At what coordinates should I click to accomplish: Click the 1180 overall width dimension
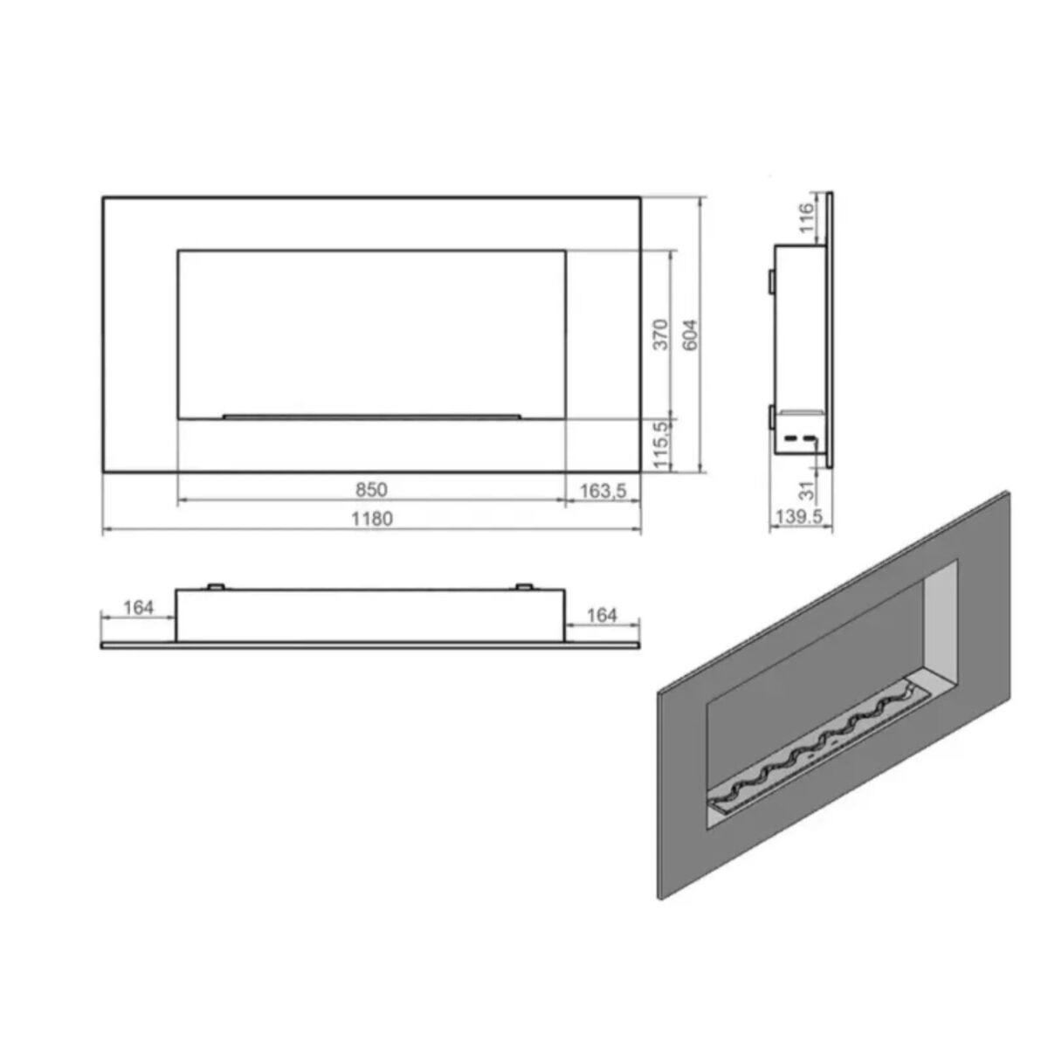pyautogui.click(x=372, y=519)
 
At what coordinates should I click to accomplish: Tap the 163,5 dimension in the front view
pyautogui.click(x=603, y=491)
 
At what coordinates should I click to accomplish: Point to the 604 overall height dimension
pyautogui.click(x=690, y=334)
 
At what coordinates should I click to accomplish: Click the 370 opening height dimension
pyautogui.click(x=661, y=334)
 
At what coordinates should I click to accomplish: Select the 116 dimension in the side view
pyautogui.click(x=807, y=217)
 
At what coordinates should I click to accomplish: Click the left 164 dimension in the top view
pyautogui.click(x=139, y=608)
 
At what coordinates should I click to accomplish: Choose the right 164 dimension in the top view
pyautogui.click(x=602, y=616)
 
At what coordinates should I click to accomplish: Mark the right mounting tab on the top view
pyautogui.click(x=524, y=586)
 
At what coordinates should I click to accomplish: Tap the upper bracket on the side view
pyautogui.click(x=770, y=280)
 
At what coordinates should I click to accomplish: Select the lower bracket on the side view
pyautogui.click(x=770, y=417)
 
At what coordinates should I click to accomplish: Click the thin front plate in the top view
pyautogui.click(x=370, y=646)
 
